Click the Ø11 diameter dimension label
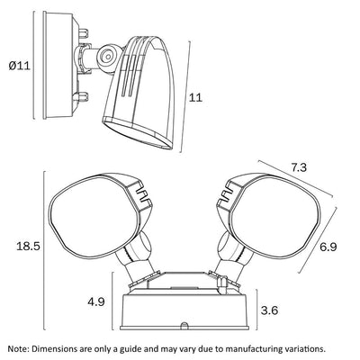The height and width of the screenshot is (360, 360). click(20, 66)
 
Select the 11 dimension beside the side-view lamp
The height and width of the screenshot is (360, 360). click(195, 97)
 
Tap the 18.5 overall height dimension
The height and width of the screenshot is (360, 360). click(28, 247)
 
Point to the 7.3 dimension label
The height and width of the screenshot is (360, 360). click(299, 167)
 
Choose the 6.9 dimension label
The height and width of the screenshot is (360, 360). click(328, 247)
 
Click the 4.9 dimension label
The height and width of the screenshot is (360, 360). click(96, 301)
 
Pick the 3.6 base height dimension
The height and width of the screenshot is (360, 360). click(269, 310)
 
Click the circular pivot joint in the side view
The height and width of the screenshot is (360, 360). click(106, 56)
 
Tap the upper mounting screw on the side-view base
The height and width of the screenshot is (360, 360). click(83, 32)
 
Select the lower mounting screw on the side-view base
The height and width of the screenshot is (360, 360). click(81, 96)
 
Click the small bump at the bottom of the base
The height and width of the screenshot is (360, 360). click(184, 325)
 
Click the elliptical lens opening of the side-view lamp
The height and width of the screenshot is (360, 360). click(138, 133)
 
